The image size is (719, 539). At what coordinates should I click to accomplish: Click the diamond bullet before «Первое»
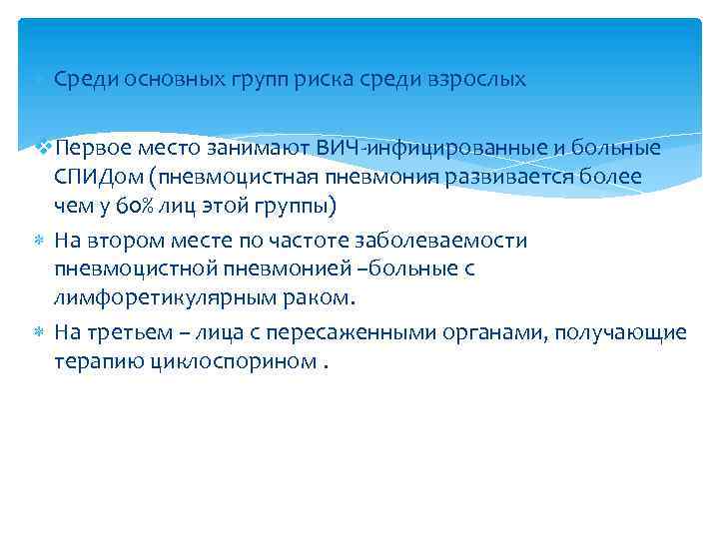pos(44,148)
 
